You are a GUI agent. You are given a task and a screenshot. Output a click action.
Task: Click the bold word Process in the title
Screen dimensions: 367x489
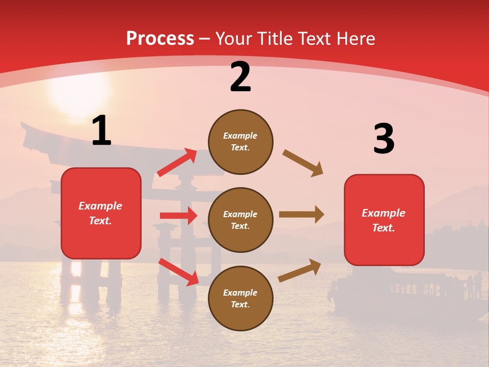coord(160,39)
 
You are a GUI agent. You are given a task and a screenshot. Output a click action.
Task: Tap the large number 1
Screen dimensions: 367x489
coord(101,131)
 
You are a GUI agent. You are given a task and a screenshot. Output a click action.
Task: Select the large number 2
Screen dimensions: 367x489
coord(240,77)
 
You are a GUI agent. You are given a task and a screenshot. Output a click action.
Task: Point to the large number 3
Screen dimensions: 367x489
coord(384,139)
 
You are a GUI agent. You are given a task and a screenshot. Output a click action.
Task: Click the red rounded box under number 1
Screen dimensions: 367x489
coord(101,213)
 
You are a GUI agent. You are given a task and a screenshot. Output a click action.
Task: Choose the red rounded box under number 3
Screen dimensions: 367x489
coord(384,220)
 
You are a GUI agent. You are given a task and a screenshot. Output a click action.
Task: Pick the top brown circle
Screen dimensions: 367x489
coord(240,142)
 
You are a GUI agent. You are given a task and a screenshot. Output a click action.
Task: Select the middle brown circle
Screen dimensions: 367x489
coord(240,220)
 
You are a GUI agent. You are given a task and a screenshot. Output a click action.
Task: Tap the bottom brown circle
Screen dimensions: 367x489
coord(240,298)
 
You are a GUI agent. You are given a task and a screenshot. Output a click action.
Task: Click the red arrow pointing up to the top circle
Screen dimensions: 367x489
coord(177,162)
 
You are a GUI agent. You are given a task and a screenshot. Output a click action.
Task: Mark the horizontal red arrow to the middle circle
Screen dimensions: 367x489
coord(178,216)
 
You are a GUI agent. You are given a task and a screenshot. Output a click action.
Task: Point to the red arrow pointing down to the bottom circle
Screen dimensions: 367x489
coord(178,271)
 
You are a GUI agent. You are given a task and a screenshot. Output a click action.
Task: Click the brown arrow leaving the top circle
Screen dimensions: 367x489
coord(303,163)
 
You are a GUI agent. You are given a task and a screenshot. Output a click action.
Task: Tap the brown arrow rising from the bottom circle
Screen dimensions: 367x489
coord(300,270)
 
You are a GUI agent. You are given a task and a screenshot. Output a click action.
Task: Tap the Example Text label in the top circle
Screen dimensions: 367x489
coord(240,142)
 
